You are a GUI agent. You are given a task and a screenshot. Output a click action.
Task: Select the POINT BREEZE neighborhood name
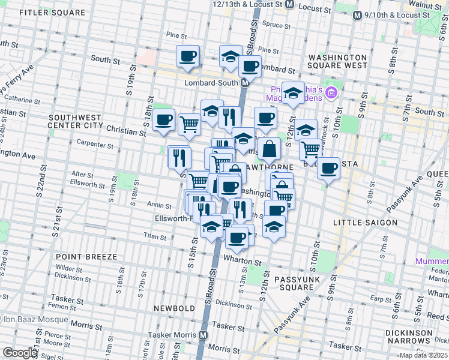pyautogui.click(x=86, y=257)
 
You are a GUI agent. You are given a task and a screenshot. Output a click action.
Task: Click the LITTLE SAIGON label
pyautogui.click(x=365, y=223)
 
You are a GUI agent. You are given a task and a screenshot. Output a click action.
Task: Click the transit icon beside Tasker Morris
pyautogui.click(x=203, y=335)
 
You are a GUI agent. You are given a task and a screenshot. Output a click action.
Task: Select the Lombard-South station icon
pyautogui.click(x=245, y=83)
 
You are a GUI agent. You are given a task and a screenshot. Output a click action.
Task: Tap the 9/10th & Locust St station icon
pyautogui.click(x=357, y=15)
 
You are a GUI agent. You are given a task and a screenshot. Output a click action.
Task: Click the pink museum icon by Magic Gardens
pyautogui.click(x=332, y=94)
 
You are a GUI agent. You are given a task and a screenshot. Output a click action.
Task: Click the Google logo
pyautogui.click(x=20, y=353)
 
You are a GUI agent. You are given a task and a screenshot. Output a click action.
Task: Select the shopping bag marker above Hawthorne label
pyautogui.click(x=270, y=149)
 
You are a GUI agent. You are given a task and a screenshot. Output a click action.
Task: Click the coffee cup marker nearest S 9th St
pyautogui.click(x=328, y=168)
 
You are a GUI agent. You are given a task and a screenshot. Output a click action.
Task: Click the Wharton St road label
pyautogui.click(x=243, y=262)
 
